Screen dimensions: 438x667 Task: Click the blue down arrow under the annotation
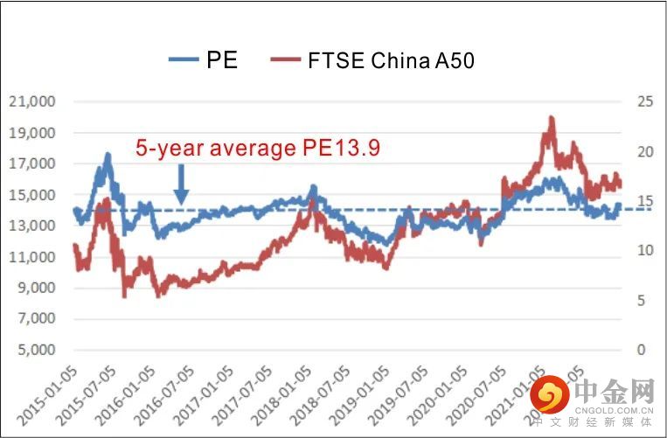pyautogui.click(x=181, y=184)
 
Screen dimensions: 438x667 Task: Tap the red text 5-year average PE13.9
pyautogui.click(x=257, y=149)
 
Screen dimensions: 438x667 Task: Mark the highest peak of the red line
pyautogui.click(x=551, y=118)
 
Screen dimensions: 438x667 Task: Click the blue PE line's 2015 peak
pyautogui.click(x=108, y=156)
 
